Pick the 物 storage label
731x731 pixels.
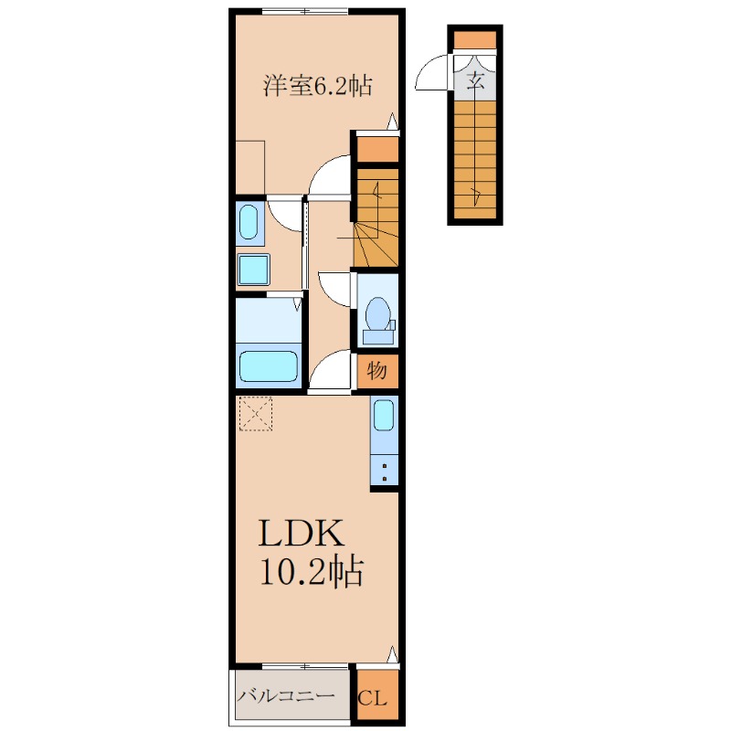[x=377, y=371]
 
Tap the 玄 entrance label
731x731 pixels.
[x=475, y=79]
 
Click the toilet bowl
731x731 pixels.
[x=376, y=315]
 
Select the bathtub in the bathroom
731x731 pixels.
[x=269, y=366]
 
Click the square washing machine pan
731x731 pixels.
[x=253, y=270]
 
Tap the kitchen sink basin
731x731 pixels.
[x=384, y=416]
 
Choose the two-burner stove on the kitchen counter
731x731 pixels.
[x=385, y=471]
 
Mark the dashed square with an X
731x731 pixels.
[x=256, y=413]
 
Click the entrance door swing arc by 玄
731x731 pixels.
[x=433, y=74]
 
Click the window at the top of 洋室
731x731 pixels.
[x=304, y=11]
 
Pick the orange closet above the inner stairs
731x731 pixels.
[x=376, y=148]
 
